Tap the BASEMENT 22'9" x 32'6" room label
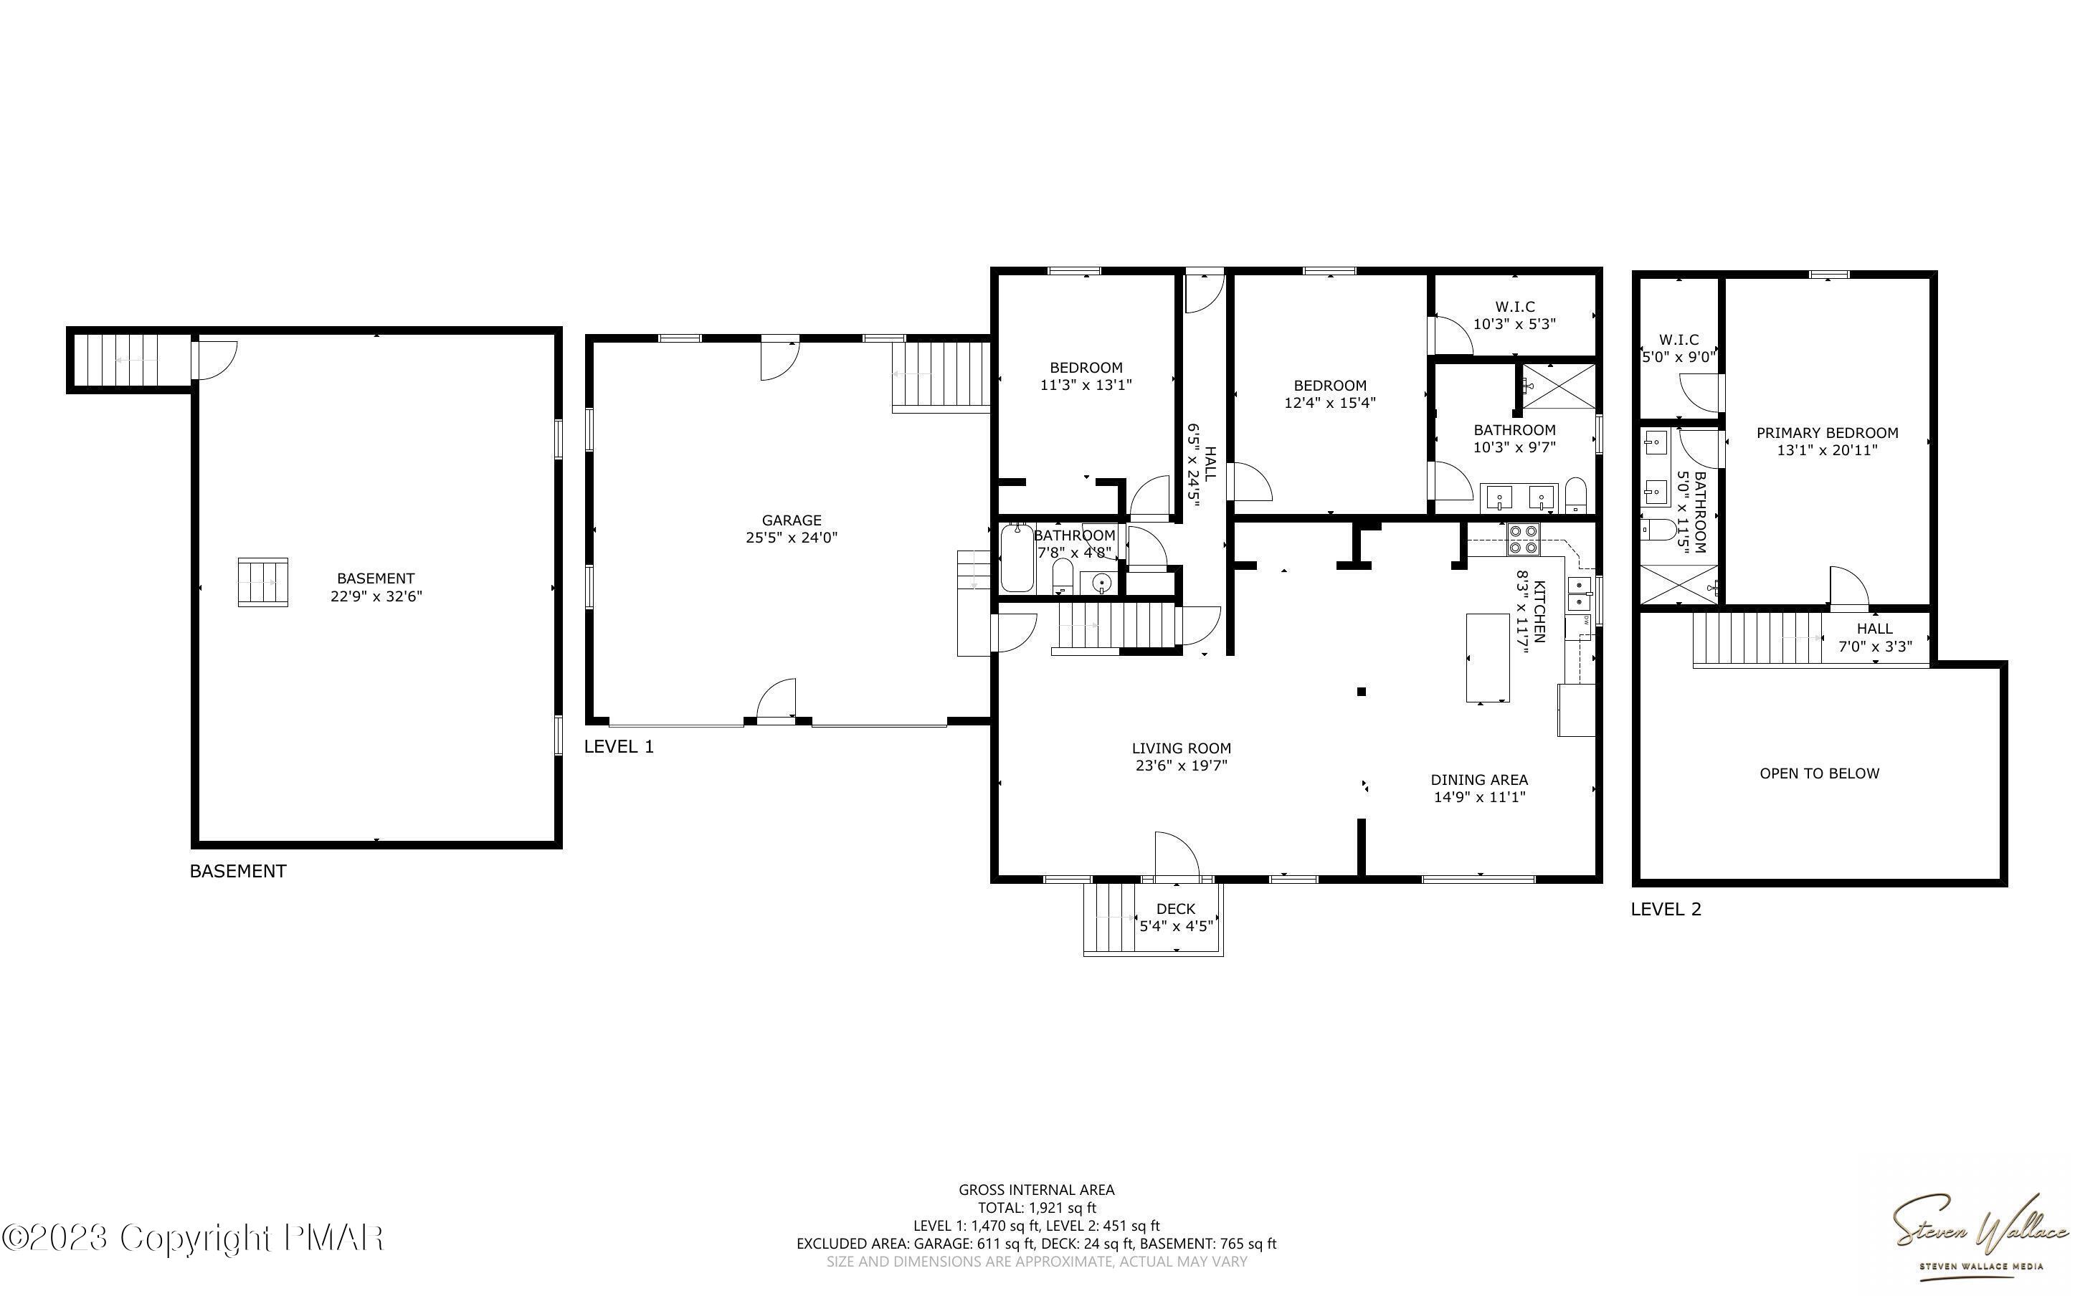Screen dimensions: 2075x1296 (x=376, y=587)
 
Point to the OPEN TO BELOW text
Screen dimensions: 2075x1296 (x=1820, y=773)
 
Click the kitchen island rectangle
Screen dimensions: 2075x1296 (x=1488, y=658)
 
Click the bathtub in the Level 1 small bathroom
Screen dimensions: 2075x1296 (x=1017, y=558)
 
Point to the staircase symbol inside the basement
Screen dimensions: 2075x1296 (x=263, y=582)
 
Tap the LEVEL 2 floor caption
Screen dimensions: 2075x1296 (x=1666, y=910)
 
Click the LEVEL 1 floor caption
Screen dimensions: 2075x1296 (x=619, y=747)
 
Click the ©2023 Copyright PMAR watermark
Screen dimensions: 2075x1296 (x=193, y=1238)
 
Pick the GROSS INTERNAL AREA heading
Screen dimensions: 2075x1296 (x=1036, y=1189)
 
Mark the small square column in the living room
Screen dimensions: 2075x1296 (x=1361, y=692)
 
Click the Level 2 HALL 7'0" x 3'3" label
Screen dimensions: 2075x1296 (x=1875, y=638)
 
